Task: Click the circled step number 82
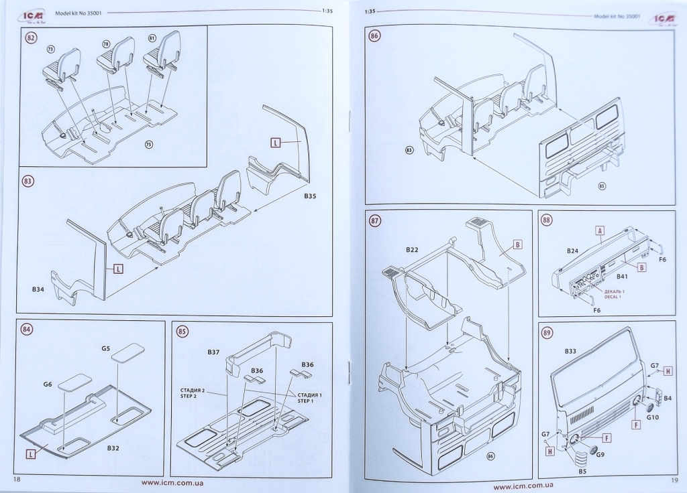coord(31,38)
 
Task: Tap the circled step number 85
coord(182,332)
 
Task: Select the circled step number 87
coord(374,222)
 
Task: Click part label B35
coord(309,196)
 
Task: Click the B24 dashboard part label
coord(572,251)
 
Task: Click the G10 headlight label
coord(653,418)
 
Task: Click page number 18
coord(17,480)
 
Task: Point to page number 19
coord(673,480)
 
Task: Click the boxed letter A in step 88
coord(600,229)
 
